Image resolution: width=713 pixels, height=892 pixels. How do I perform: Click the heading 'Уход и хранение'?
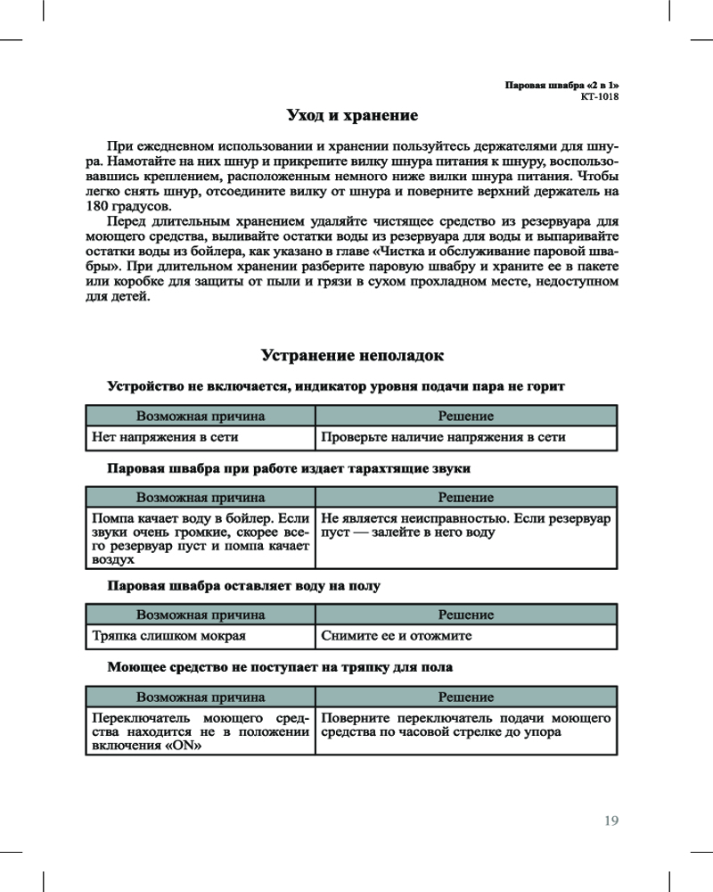pos(352,115)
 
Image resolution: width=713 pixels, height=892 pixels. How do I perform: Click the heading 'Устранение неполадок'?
pos(352,356)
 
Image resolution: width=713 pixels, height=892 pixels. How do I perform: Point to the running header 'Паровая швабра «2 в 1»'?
pos(561,85)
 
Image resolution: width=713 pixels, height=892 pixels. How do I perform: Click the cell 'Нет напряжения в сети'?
pos(166,437)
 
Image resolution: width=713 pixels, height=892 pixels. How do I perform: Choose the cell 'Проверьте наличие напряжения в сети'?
pos(443,437)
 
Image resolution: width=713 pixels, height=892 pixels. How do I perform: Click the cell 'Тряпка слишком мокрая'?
pos(169,636)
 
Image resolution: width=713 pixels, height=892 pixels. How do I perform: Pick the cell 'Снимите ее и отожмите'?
pos(396,636)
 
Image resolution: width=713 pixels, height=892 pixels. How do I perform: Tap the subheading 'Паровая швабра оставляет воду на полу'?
pos(244,586)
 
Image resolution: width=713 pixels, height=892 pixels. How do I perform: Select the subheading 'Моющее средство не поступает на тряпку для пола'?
pos(280,666)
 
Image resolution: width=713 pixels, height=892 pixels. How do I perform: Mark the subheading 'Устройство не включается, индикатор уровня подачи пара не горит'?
pos(336,386)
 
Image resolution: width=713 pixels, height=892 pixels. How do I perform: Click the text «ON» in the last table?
pos(180,747)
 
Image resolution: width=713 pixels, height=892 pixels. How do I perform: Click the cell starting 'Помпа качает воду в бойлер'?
pos(200,539)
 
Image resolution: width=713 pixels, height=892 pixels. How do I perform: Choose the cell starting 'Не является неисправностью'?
pos(465,525)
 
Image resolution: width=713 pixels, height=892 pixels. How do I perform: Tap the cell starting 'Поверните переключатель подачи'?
pos(465,724)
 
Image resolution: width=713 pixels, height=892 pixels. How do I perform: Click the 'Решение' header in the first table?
pos(465,416)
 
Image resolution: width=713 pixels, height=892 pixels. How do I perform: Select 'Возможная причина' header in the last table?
pos(201,697)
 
